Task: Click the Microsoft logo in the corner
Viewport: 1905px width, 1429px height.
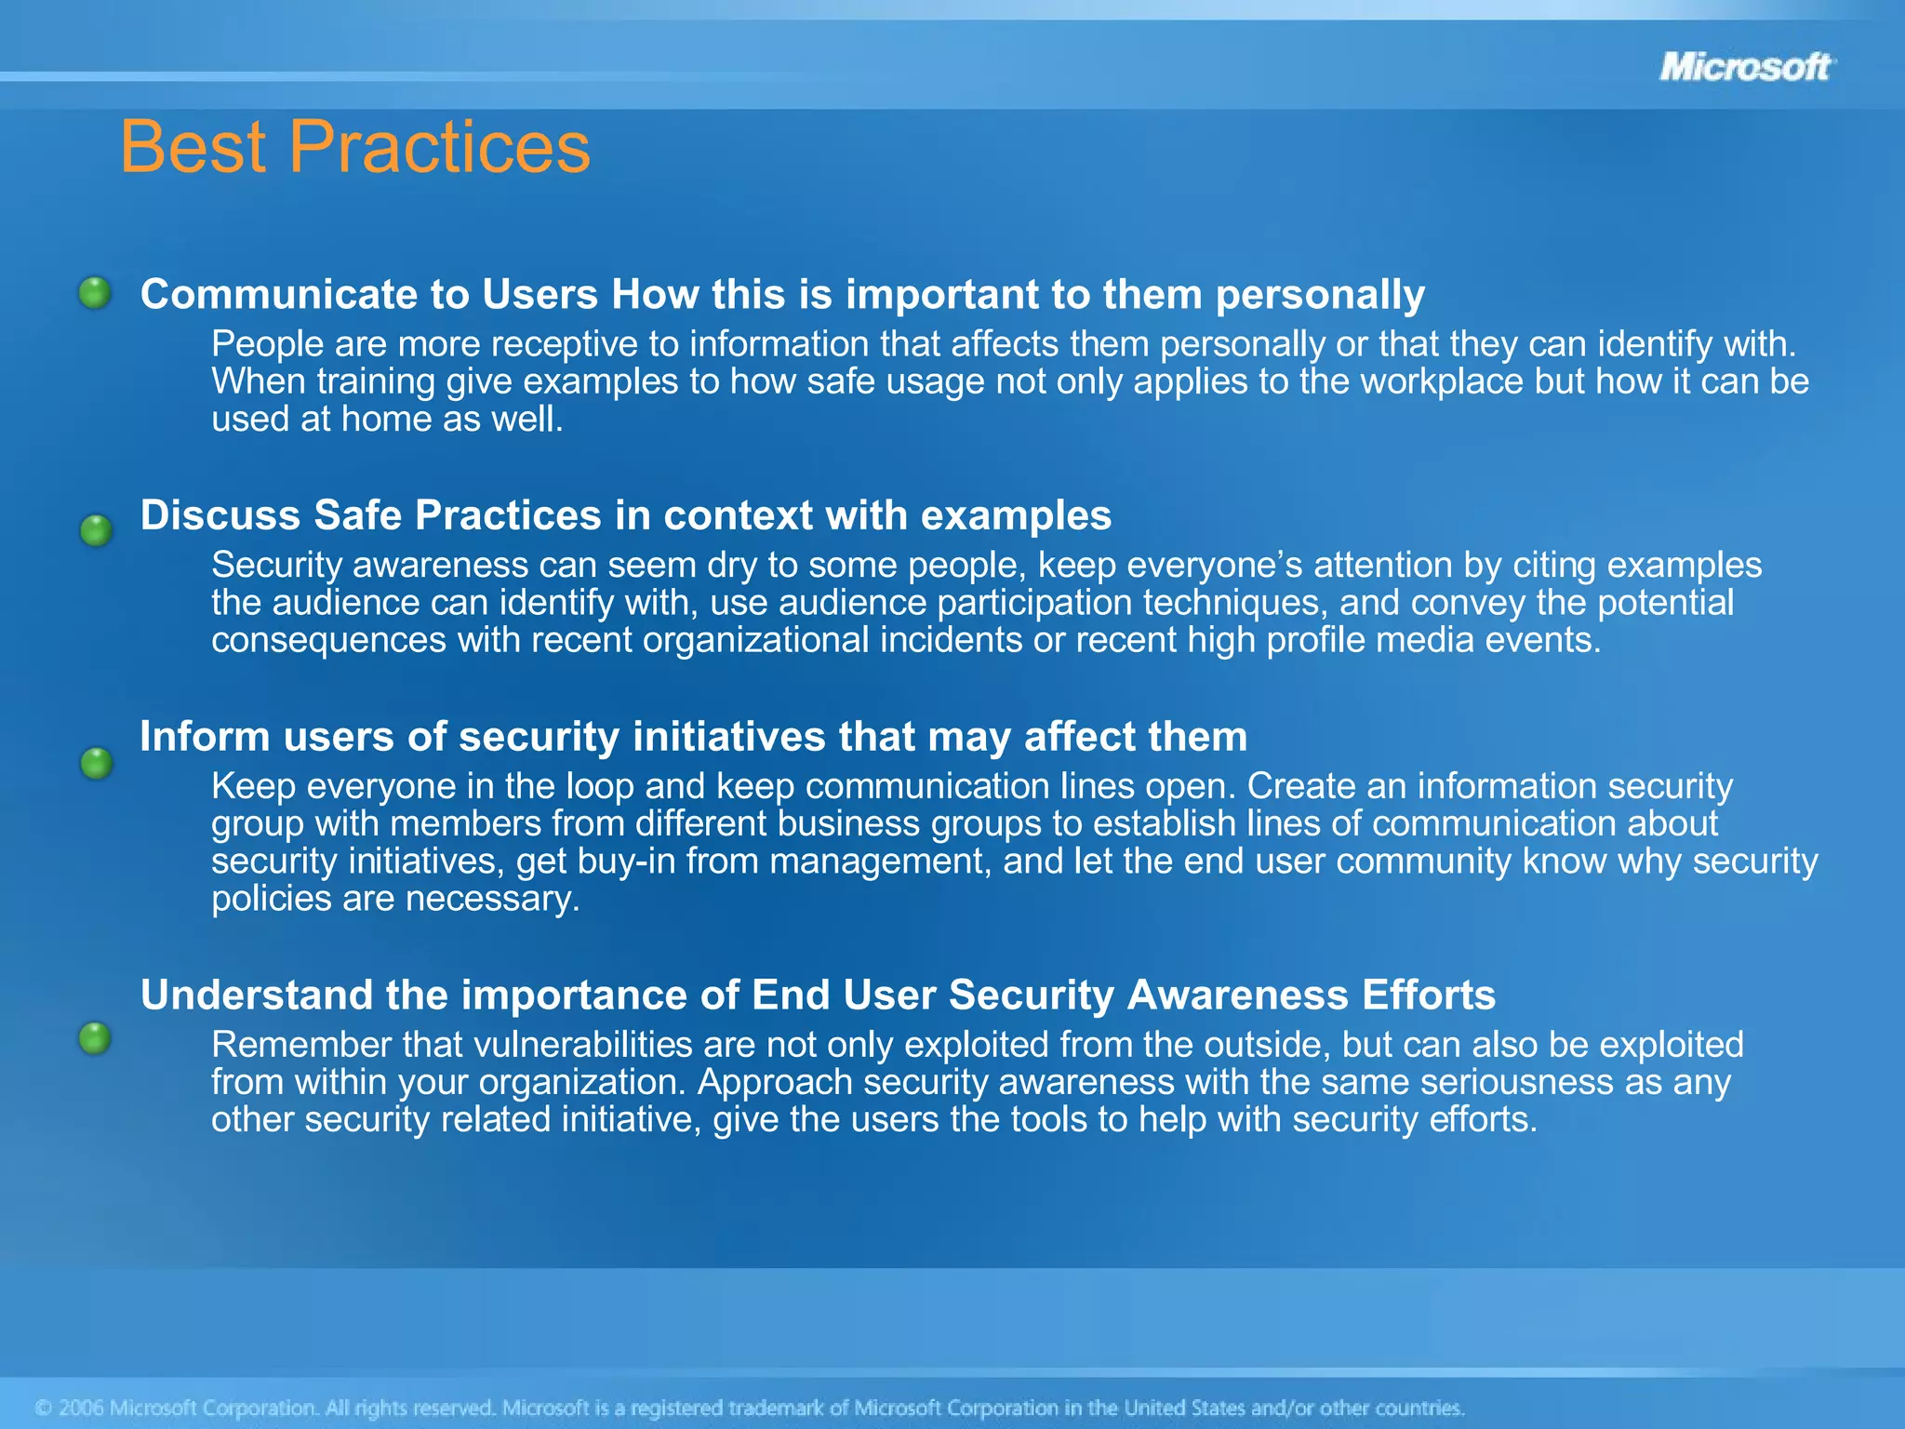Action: pyautogui.click(x=1745, y=67)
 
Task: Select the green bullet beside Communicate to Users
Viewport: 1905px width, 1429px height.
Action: pyautogui.click(x=95, y=293)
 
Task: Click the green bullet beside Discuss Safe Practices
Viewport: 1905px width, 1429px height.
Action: pyautogui.click(x=96, y=531)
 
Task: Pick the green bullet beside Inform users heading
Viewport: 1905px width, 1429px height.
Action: pyautogui.click(x=96, y=764)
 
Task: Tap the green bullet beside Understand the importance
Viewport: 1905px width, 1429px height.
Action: pyautogui.click(x=95, y=1037)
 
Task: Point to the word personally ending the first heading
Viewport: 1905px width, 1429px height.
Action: pyautogui.click(x=1320, y=295)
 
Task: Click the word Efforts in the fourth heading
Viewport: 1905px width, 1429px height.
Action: pyautogui.click(x=1429, y=995)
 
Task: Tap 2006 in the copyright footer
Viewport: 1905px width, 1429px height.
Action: pyautogui.click(x=81, y=1408)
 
